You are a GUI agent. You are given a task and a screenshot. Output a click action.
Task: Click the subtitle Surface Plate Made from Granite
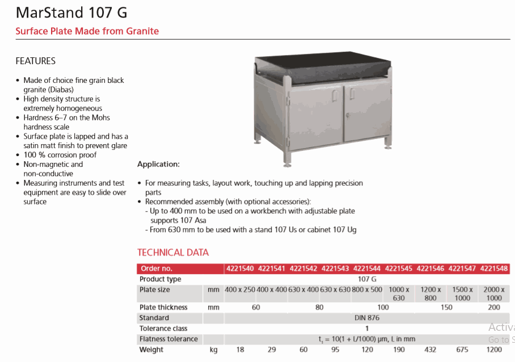87,31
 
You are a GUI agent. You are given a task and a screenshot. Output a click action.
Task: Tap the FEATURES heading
35,61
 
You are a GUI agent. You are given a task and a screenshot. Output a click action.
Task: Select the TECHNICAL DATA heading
173,252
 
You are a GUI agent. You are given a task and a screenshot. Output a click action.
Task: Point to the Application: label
158,165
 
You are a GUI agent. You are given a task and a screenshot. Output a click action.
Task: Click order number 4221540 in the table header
240,268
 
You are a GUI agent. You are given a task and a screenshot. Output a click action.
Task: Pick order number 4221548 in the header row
494,268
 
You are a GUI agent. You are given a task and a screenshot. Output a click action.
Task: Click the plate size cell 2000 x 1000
494,293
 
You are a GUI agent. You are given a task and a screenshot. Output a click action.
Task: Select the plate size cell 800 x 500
367,289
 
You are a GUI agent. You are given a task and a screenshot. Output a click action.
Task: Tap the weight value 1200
494,350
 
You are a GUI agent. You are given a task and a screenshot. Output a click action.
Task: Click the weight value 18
240,350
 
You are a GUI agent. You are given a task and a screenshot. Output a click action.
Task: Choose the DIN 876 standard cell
367,318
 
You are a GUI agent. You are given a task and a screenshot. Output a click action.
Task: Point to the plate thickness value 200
494,307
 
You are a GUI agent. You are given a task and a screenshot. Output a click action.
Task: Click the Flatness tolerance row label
168,339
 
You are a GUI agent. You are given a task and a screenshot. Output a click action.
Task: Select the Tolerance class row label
163,329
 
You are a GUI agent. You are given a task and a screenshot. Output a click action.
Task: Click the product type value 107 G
367,279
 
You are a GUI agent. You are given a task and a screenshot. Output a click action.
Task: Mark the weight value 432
430,350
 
